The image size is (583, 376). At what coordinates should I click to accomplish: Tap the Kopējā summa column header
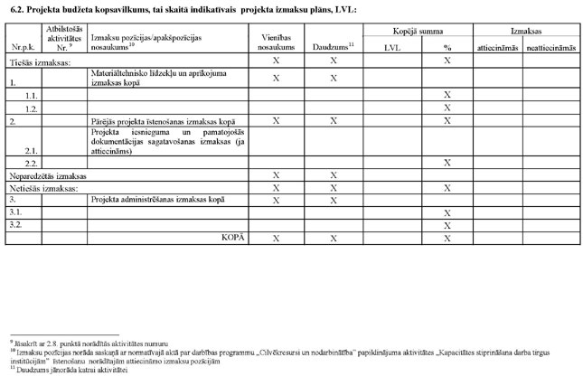click(418, 31)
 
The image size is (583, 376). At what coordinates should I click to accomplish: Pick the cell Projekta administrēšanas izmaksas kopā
click(150, 200)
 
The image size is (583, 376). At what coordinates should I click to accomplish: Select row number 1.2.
click(32, 107)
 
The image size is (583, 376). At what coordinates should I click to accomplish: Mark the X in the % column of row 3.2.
click(447, 224)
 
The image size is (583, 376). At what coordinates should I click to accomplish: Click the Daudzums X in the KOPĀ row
click(333, 237)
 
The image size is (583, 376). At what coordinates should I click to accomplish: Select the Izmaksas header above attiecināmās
click(524, 31)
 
